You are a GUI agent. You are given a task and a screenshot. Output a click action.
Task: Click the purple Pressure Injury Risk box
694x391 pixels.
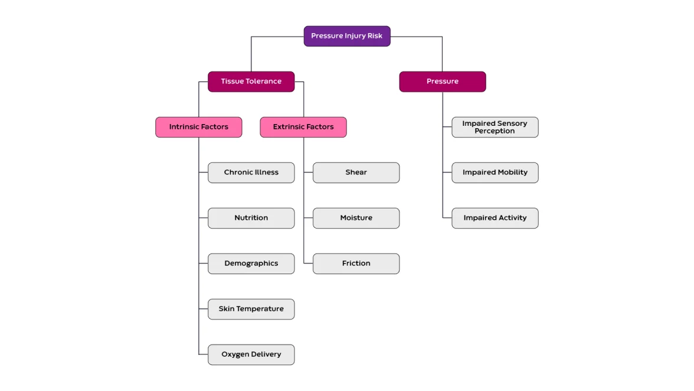(x=347, y=36)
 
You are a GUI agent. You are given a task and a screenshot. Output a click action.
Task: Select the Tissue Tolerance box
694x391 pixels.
(x=251, y=82)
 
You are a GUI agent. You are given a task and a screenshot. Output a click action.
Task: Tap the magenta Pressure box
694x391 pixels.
(x=442, y=82)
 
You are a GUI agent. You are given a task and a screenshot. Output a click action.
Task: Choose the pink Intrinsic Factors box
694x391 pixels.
(x=198, y=127)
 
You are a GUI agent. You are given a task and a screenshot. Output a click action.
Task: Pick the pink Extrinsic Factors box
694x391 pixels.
(x=303, y=127)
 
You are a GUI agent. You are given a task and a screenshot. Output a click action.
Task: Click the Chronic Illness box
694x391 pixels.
(x=251, y=172)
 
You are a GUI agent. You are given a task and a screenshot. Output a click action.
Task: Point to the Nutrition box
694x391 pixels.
(x=251, y=218)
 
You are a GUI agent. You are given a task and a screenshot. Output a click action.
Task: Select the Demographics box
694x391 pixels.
(x=251, y=263)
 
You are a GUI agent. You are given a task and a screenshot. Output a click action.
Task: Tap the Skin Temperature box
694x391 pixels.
(x=251, y=309)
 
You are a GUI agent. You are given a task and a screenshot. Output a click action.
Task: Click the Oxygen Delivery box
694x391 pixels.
(x=251, y=354)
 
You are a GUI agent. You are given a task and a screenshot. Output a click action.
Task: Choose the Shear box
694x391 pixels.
(x=356, y=172)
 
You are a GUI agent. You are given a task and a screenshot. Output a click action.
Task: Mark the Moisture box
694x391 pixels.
(x=356, y=218)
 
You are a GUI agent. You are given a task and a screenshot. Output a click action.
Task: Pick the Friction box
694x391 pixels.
(x=356, y=263)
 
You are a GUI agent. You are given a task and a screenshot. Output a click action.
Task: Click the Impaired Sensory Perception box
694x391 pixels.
(x=495, y=127)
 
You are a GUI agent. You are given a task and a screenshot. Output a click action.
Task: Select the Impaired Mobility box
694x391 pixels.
(x=495, y=172)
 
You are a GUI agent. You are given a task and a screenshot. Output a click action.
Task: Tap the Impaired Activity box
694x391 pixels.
(x=495, y=218)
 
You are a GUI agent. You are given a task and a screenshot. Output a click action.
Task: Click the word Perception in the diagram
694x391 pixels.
(x=495, y=131)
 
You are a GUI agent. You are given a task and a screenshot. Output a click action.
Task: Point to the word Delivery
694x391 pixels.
(x=264, y=354)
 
